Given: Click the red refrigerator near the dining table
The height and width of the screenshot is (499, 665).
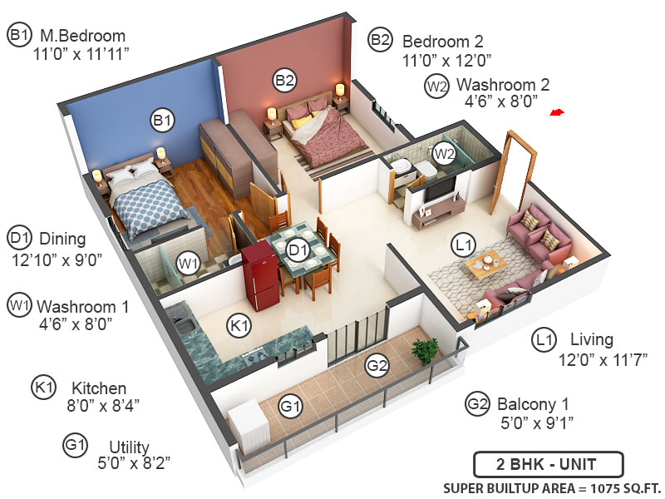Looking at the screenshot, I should point(259,277).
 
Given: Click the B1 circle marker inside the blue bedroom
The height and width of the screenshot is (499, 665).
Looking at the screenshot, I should point(162,121).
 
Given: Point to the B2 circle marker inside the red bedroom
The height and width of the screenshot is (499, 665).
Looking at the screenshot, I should point(285,80).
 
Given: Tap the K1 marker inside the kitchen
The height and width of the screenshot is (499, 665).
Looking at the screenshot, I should point(240,326).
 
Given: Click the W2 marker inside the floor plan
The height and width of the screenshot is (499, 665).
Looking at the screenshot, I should point(443,153).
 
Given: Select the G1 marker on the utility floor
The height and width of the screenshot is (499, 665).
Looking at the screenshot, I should point(289,407).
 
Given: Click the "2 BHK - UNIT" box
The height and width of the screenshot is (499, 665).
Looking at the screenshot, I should point(546,463).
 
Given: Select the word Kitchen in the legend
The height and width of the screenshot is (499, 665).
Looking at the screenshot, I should point(99,388).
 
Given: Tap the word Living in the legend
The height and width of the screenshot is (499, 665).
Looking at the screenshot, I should point(592,339).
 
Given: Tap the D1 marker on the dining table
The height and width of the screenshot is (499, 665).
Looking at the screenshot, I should point(298,247).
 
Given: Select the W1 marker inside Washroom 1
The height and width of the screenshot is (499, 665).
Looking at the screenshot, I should point(190,264).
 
